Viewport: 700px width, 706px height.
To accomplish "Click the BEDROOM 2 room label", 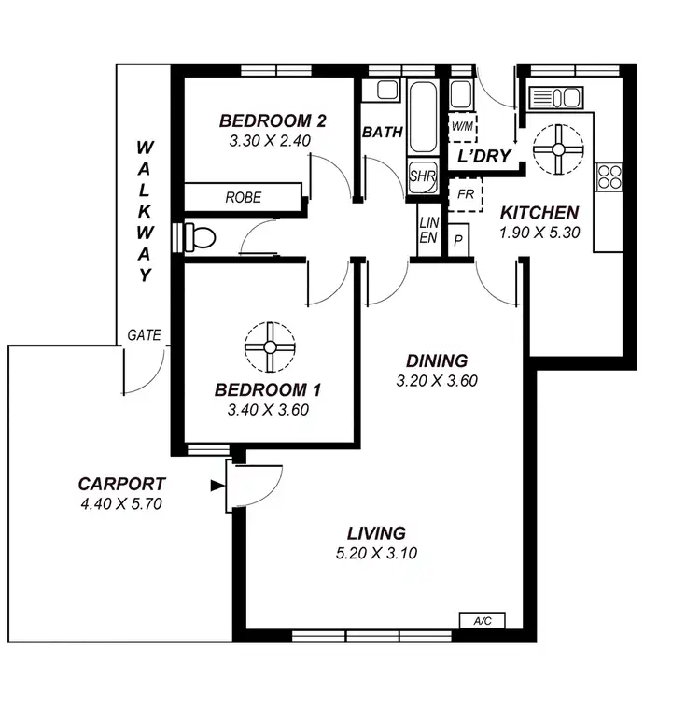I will point(273,120).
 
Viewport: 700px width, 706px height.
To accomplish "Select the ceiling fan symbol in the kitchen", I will point(558,148).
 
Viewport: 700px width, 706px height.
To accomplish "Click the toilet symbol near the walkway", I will point(199,236).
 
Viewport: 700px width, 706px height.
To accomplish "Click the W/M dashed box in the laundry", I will point(462,125).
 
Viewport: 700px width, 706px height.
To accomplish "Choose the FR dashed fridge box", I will point(464,197).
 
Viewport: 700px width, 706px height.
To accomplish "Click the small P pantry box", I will point(458,239).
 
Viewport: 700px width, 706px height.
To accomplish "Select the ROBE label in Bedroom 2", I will point(244,198).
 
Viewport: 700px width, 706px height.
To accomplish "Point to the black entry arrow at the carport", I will point(217,485).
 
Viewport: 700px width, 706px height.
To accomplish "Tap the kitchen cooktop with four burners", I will point(609,176).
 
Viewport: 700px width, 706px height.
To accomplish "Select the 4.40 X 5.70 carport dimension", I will point(122,504).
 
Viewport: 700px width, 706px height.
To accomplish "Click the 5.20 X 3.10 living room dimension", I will point(377,553).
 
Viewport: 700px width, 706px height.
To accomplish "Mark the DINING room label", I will point(437,361).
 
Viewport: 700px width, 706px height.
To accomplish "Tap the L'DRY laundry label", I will point(484,156).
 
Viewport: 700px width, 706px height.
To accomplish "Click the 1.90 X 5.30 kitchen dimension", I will point(539,232).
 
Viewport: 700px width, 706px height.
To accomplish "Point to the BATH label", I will point(383,133).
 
